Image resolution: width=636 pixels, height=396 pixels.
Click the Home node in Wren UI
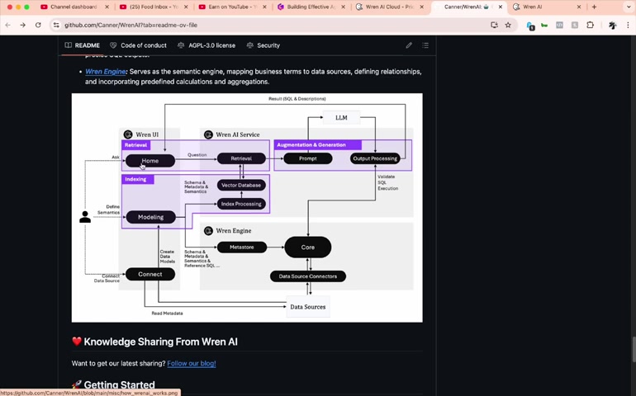150,161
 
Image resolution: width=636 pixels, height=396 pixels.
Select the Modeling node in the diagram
150,217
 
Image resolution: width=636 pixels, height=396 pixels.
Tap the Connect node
150,274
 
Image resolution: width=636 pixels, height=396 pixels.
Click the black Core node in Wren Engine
307,247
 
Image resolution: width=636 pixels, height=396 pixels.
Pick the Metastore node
242,247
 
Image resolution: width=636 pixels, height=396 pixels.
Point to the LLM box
341,118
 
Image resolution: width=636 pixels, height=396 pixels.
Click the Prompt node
307,158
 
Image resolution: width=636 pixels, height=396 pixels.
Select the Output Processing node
375,158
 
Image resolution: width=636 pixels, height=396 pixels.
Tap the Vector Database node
241,185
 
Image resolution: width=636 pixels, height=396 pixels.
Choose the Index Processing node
241,204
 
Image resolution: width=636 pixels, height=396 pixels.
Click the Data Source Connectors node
308,276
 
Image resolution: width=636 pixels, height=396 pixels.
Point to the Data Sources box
307,307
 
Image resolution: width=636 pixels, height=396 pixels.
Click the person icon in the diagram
84,217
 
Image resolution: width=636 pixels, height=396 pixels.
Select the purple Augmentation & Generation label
311,145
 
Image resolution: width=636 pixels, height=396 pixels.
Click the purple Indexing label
135,179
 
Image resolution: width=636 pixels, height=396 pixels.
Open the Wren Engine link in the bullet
106,72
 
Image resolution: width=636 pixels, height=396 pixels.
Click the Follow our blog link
191,363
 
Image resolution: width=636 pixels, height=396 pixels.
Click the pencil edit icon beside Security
408,45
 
